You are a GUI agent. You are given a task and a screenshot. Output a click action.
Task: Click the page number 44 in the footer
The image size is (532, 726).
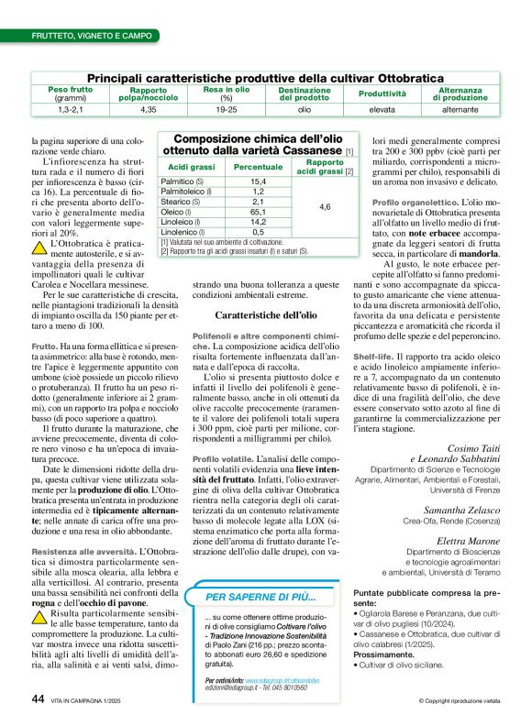point(38,699)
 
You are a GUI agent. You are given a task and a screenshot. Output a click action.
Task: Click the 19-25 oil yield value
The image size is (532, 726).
point(227,109)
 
